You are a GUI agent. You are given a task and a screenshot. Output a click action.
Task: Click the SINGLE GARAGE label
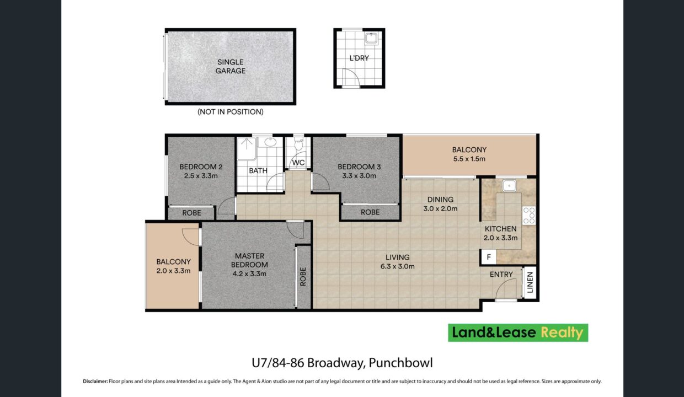pyautogui.click(x=230, y=67)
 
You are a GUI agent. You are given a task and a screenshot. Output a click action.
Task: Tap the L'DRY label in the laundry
pyautogui.click(x=359, y=58)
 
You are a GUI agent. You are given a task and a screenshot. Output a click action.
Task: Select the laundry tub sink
pyautogui.click(x=371, y=39)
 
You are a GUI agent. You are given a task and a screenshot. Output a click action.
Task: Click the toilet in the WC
pyautogui.click(x=298, y=144)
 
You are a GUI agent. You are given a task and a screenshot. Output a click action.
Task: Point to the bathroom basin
pyautogui.click(x=270, y=142)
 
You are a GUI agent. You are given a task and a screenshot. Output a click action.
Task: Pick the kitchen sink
pyautogui.click(x=509, y=185)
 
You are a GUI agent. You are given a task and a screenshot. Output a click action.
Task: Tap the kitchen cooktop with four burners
pyautogui.click(x=529, y=216)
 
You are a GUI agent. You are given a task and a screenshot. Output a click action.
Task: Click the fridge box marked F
pyautogui.click(x=489, y=257)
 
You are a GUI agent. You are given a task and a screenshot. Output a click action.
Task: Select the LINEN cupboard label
pyautogui.click(x=530, y=282)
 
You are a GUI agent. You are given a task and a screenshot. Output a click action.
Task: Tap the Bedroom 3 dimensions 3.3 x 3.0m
pyautogui.click(x=359, y=176)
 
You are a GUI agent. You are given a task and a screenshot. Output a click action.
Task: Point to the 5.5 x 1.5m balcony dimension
pyautogui.click(x=469, y=159)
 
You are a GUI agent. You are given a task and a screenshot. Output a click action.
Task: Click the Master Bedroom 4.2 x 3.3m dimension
pyautogui.click(x=249, y=273)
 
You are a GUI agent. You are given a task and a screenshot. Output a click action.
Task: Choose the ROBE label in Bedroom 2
pyautogui.click(x=191, y=213)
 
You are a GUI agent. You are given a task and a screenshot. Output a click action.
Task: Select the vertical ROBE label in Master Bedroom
pyautogui.click(x=303, y=276)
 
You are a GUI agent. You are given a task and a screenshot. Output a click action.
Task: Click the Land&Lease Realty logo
pyautogui.click(x=518, y=332)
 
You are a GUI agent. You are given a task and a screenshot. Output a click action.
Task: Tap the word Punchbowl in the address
pyautogui.click(x=400, y=363)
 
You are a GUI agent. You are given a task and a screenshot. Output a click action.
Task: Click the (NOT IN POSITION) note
pyautogui.click(x=230, y=112)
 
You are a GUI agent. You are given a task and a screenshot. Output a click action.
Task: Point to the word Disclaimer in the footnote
pyautogui.click(x=95, y=382)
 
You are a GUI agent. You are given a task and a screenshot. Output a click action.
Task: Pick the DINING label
pyautogui.click(x=440, y=200)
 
